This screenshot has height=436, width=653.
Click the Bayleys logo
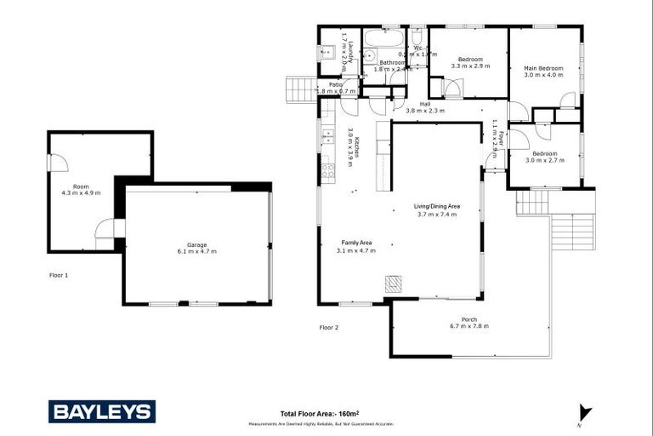102,412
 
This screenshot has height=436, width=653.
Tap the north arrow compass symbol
584,415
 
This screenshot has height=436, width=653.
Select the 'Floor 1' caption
59,275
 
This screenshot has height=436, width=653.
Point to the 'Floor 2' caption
329,327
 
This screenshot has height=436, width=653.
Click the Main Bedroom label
542,71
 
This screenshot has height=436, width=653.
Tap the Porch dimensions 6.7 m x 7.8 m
469,327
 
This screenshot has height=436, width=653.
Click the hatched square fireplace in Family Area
393,284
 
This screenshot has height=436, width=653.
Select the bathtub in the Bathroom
384,38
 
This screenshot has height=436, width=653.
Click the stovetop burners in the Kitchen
327,170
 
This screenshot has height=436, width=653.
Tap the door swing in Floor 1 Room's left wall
58,163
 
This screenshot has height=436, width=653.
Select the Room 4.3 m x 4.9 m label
81,189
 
